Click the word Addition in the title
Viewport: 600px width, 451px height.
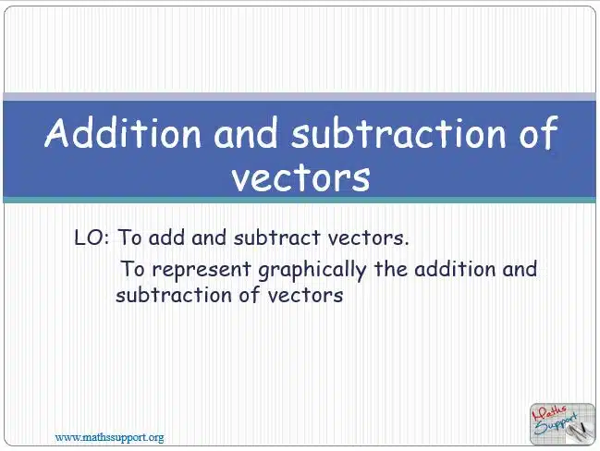123,132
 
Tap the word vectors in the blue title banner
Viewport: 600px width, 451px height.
301,177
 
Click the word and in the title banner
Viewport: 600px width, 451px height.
246,132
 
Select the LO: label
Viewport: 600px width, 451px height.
92,238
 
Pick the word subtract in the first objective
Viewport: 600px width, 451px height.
276,238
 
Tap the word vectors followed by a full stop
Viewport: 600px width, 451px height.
368,238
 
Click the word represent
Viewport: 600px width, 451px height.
202,269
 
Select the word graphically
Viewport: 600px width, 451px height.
312,270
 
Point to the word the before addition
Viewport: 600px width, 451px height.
391,269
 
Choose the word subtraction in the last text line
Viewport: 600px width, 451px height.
174,295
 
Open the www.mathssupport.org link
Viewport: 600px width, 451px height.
109,437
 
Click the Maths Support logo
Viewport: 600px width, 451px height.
562,424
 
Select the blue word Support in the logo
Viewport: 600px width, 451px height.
556,424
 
